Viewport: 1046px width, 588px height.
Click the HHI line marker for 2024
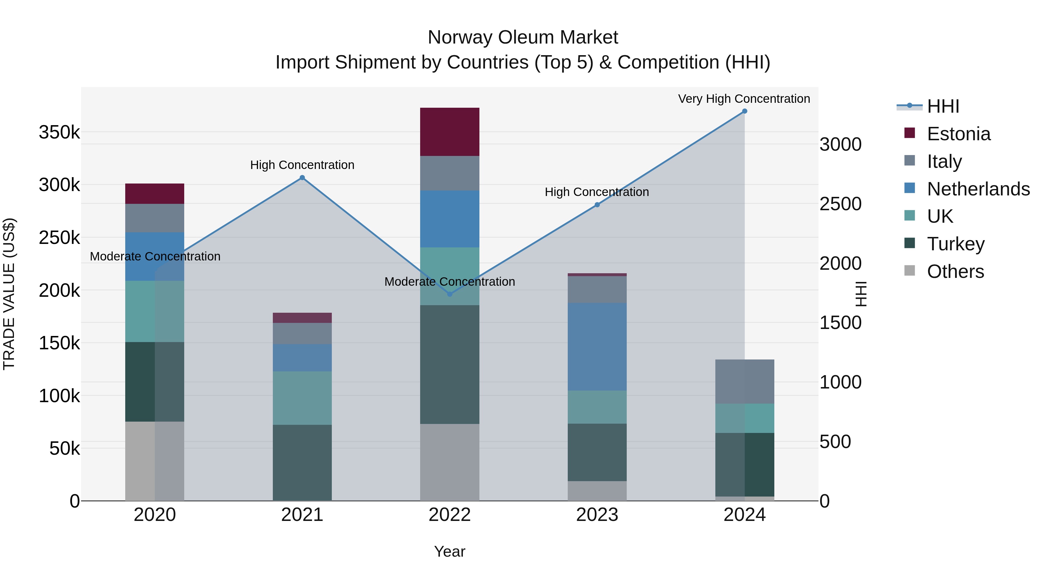[x=744, y=111]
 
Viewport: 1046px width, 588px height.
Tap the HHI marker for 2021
[x=302, y=178]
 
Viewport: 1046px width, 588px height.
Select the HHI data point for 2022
[x=449, y=294]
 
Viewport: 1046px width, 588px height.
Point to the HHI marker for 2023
[x=597, y=205]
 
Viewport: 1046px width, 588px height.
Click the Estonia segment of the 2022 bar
[x=449, y=132]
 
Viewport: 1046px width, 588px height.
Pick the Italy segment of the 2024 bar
[x=744, y=382]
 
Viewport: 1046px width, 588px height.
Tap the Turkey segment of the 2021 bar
[x=302, y=463]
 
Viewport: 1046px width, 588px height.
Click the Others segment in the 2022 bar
[x=449, y=462]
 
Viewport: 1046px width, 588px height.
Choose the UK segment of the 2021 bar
[x=302, y=398]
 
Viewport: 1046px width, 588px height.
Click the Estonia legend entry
[x=958, y=134]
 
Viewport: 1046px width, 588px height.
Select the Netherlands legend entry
[x=978, y=189]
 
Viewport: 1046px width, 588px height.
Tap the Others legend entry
[x=955, y=271]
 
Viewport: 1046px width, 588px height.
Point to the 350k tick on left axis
[x=59, y=132]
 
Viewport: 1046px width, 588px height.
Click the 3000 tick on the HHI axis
[x=840, y=145]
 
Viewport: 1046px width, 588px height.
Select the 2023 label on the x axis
[x=597, y=515]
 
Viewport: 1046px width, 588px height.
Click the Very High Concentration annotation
[x=744, y=99]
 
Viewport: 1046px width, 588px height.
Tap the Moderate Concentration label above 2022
[x=449, y=282]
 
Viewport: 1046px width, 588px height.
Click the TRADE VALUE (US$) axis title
[x=9, y=294]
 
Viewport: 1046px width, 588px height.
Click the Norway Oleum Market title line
[x=523, y=37]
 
